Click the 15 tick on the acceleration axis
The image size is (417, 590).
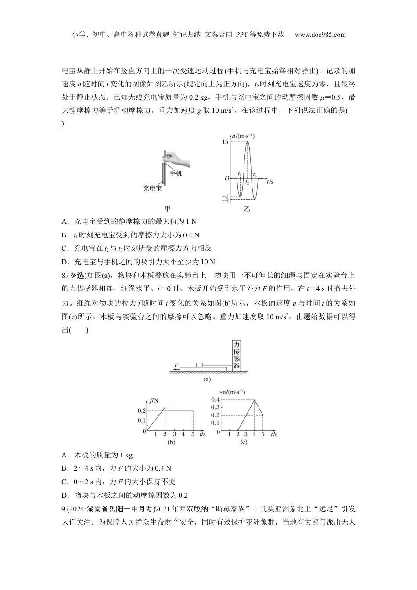click(225, 142)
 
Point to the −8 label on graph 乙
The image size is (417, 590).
click(225, 201)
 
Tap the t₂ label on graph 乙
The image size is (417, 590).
click(247, 182)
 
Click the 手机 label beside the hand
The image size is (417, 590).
click(176, 173)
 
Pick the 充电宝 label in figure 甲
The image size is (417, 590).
click(152, 188)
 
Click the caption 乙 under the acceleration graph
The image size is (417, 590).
click(247, 209)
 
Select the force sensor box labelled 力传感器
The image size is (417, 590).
click(237, 356)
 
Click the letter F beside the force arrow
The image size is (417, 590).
click(176, 365)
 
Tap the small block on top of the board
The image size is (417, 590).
click(200, 364)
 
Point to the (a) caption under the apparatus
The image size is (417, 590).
click(207, 379)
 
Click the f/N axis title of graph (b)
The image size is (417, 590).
click(154, 400)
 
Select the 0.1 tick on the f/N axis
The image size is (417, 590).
click(141, 421)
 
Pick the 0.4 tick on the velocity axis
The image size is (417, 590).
click(215, 399)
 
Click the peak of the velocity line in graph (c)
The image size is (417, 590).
click(255, 400)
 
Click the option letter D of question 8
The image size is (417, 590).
click(65, 495)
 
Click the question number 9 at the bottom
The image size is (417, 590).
click(64, 508)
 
